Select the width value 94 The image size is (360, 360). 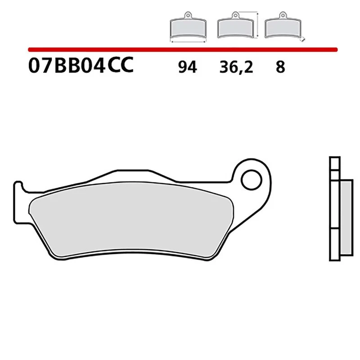point(187,67)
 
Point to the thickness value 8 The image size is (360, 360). point(280,67)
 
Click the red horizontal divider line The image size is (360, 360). point(180,48)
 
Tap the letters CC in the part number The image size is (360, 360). point(121,66)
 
